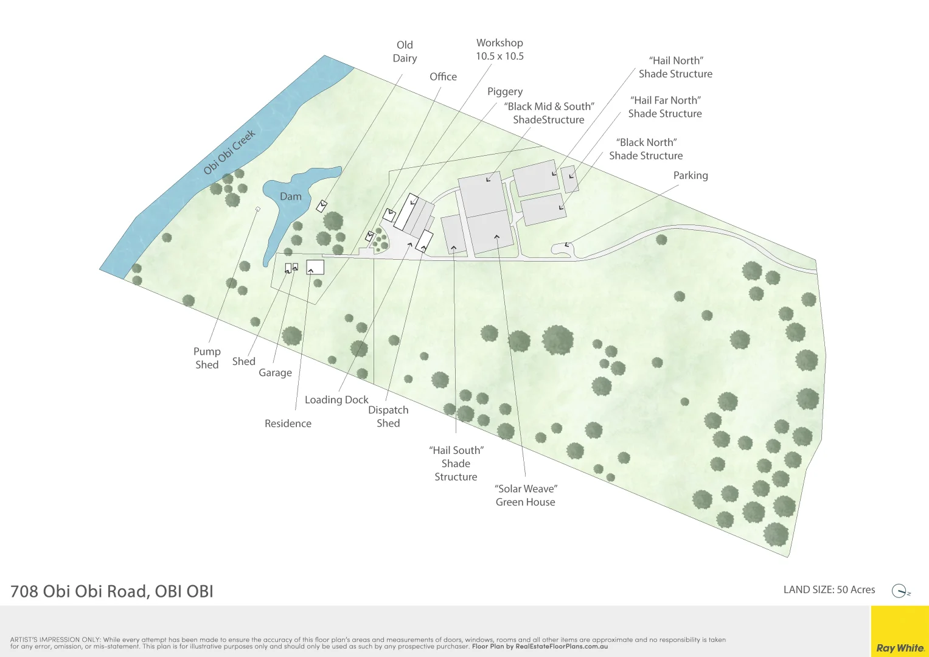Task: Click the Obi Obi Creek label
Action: [x=229, y=153]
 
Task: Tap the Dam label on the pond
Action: [x=290, y=196]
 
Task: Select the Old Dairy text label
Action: [x=405, y=52]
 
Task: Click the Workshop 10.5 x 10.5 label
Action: [x=499, y=49]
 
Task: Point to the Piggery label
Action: [x=504, y=91]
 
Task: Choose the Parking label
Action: [x=691, y=175]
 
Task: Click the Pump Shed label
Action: [x=207, y=358]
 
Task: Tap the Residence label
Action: [x=288, y=423]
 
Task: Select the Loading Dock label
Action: [x=336, y=400]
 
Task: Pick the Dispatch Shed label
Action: [x=388, y=417]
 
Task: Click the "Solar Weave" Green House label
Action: [x=526, y=495]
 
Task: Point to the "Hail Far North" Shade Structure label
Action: [x=665, y=107]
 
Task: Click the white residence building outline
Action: [x=315, y=267]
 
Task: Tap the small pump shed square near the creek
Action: [x=258, y=209]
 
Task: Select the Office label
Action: [x=443, y=77]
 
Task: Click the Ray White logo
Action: [x=900, y=648]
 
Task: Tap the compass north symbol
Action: [x=900, y=591]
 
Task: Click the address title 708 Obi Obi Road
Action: [x=112, y=591]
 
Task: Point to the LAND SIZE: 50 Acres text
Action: [x=829, y=589]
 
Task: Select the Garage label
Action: [x=275, y=373]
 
